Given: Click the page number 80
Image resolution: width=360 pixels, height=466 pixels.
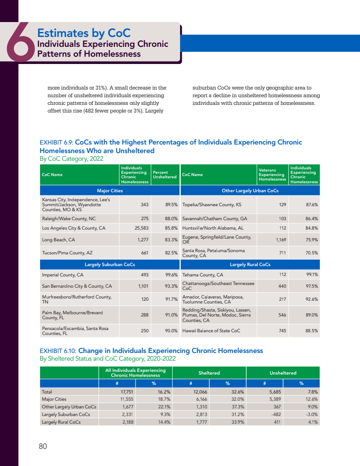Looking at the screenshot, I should tap(43, 446).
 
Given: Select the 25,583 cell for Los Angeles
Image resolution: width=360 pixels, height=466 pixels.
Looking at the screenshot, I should tap(140, 228).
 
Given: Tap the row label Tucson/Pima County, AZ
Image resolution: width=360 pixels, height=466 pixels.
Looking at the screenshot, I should tap(67, 253).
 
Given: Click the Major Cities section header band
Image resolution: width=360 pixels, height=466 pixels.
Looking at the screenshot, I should tap(110, 191).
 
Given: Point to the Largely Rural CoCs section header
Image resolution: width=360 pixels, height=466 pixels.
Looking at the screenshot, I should tap(250, 264).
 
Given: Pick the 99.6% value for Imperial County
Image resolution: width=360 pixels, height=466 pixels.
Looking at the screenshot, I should tap(171, 275).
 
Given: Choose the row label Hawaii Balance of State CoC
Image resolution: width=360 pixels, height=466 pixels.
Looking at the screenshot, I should tap(211, 330).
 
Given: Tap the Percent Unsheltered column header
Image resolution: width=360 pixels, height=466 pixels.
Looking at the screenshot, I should tap(165, 175).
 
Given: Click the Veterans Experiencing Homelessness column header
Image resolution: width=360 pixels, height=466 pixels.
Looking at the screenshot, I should tap(272, 175).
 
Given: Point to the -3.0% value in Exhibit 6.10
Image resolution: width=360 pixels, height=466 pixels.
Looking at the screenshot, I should tap(311, 414).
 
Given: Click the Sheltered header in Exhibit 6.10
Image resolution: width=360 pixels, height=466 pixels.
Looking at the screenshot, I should tap(209, 373).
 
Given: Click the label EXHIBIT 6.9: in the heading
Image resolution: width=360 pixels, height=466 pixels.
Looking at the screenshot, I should tap(56, 142).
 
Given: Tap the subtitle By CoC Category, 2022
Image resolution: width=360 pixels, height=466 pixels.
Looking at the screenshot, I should tap(72, 159).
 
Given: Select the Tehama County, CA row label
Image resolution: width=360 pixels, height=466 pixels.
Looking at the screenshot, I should tap(202, 275).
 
